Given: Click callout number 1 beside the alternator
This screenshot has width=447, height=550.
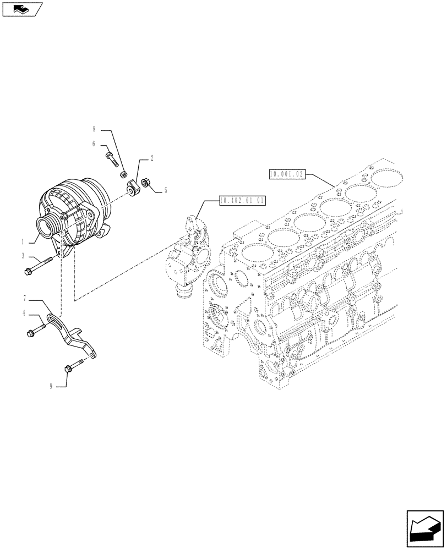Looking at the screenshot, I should click(x=23, y=241).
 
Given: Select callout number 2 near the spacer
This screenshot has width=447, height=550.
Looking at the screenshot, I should click(x=151, y=158).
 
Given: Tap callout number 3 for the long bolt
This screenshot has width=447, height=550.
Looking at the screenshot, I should click(x=23, y=256).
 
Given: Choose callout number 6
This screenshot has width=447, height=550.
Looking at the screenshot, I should click(x=94, y=144).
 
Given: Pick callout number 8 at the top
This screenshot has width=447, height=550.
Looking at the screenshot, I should click(x=94, y=130).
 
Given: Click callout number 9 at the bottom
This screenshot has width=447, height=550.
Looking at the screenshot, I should click(x=51, y=387).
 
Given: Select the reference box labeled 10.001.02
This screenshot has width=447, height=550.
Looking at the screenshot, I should click(x=287, y=174).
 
